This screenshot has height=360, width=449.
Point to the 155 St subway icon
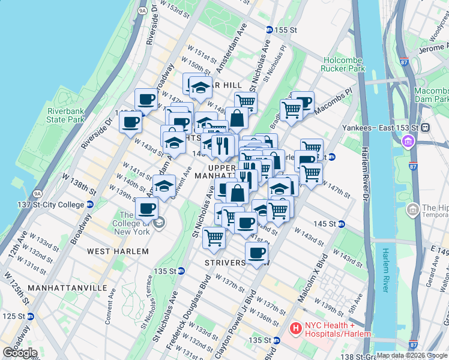270,29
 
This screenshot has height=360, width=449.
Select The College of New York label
134,223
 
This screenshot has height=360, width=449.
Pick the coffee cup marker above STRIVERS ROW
257,253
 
